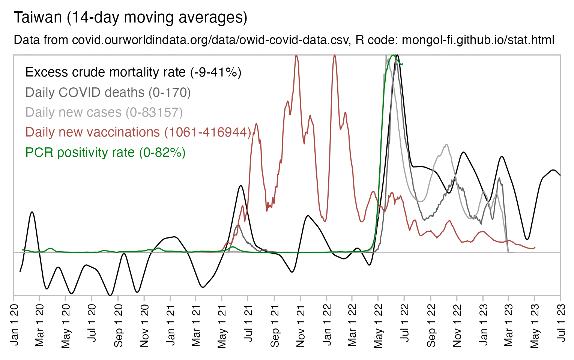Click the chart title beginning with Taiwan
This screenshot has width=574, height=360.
[130, 18]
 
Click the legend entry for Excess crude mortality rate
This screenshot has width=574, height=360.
[133, 72]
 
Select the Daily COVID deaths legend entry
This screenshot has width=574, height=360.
[108, 93]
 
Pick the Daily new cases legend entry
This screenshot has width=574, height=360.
[104, 112]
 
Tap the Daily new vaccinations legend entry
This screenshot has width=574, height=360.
[138, 132]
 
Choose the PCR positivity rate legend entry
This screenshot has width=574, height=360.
[105, 153]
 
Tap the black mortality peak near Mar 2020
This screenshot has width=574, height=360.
[32, 212]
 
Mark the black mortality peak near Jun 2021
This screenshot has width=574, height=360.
[240, 186]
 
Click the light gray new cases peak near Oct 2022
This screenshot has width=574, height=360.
[446, 144]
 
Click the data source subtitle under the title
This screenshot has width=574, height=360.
[284, 40]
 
